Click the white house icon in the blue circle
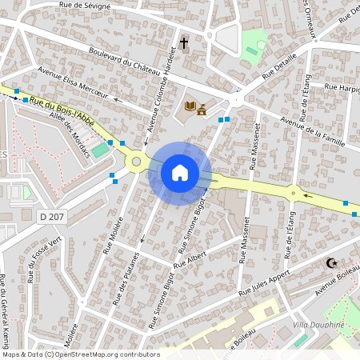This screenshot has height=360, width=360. click(x=180, y=173)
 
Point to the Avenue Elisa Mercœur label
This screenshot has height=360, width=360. click(x=73, y=83)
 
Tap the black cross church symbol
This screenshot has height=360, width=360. click(x=184, y=42)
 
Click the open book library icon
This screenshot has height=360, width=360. click(x=190, y=106)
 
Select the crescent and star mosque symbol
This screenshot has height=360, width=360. click(x=330, y=262)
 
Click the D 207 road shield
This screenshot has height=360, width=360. click(x=53, y=216)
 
